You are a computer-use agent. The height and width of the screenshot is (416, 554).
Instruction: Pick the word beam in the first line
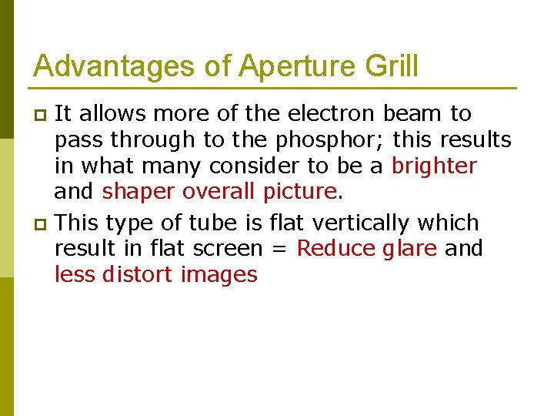(412, 114)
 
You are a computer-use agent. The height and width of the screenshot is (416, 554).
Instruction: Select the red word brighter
(435, 166)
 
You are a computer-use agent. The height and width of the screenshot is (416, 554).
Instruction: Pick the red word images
(219, 275)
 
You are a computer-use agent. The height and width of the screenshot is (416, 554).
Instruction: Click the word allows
(115, 114)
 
